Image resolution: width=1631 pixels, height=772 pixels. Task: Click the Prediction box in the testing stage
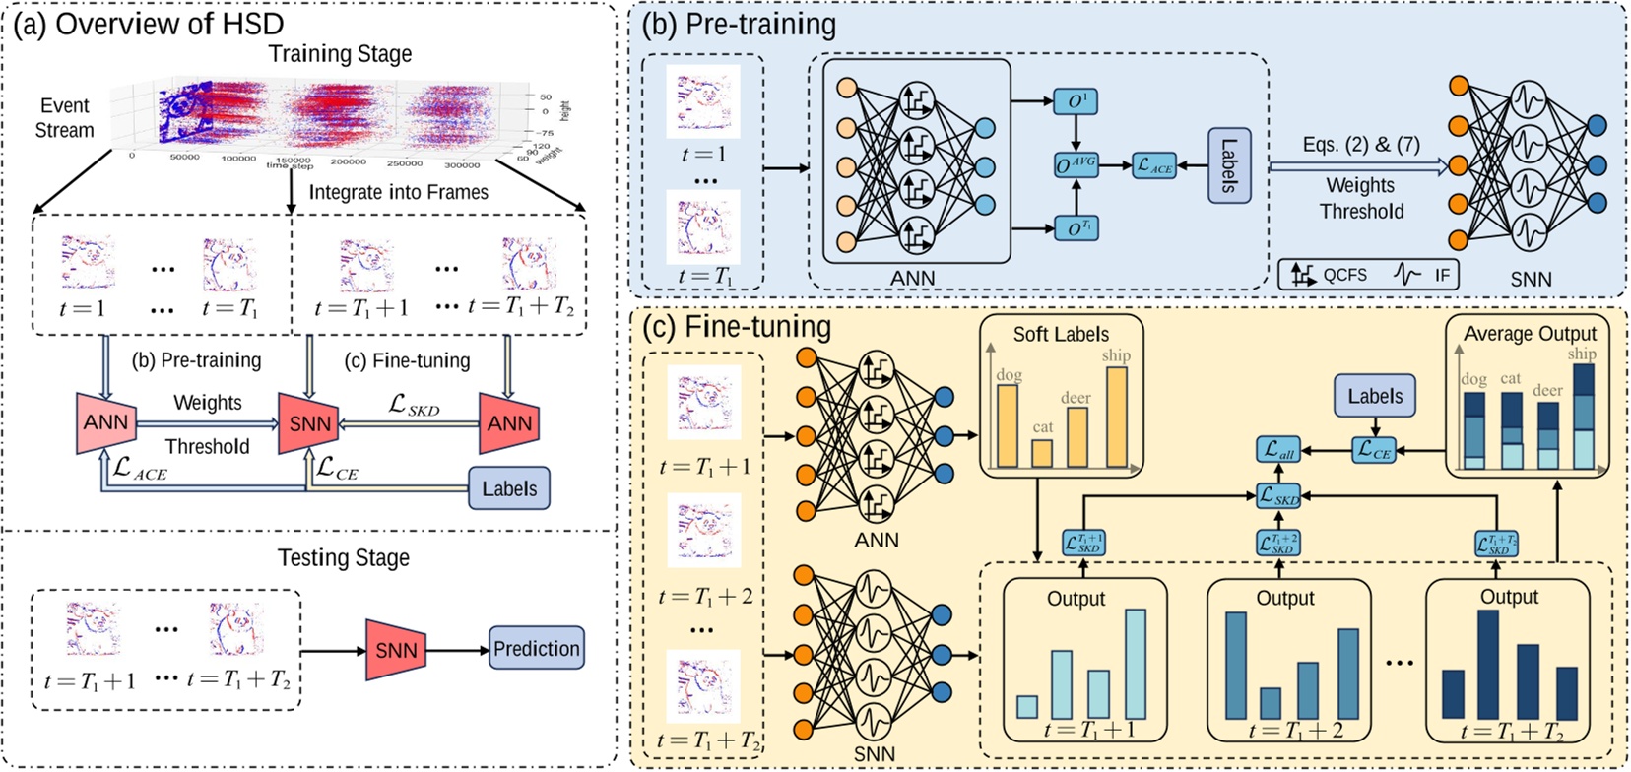coord(536,649)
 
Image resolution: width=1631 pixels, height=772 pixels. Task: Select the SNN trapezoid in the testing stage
coord(396,650)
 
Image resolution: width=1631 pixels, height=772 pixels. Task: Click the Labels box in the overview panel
coord(508,488)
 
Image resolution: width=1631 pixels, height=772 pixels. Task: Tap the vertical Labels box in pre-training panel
coord(1228,165)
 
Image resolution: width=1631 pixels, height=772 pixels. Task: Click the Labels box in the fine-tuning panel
coord(1375,397)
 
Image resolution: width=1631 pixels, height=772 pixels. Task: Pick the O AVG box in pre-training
coord(1076,165)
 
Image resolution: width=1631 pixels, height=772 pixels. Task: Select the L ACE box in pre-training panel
coord(1154,166)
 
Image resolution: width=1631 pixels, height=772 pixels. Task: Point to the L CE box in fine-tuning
coord(1374,450)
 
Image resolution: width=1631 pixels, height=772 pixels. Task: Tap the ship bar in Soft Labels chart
coord(1116,416)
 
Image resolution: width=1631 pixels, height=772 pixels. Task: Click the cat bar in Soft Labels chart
coord(1041,452)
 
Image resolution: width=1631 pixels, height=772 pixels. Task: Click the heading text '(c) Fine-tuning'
coord(737,326)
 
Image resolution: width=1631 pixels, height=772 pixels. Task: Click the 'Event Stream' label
coord(64,117)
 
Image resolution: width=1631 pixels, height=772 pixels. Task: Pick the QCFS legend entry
coord(1329,275)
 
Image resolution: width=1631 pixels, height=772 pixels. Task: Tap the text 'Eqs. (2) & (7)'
coord(1360,145)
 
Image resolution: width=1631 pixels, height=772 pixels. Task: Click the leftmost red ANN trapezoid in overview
coord(104,423)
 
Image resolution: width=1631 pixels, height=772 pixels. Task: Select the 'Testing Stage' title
coord(343,557)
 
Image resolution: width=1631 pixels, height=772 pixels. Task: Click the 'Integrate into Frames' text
coord(398,192)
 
